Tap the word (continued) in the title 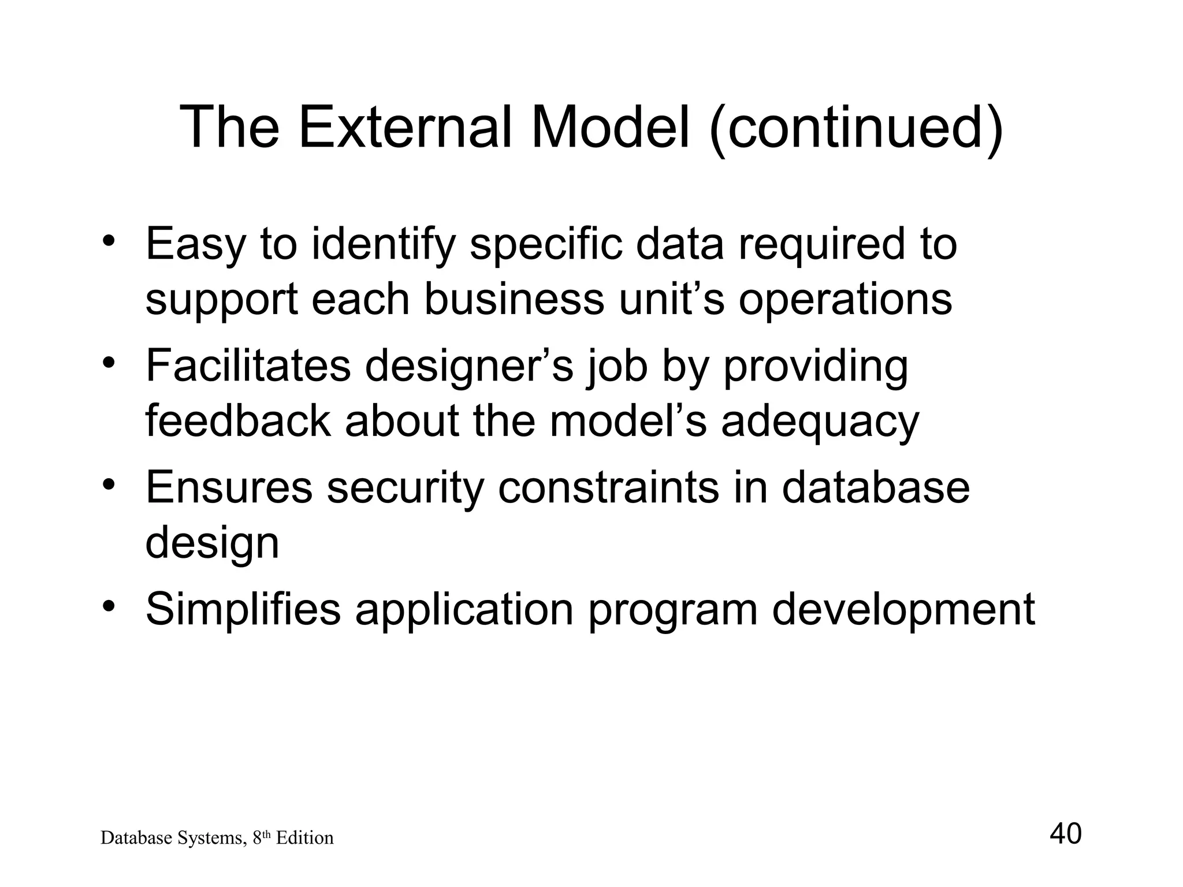pos(856,128)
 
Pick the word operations pos(845,301)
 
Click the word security pos(404,489)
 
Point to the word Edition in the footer pos(304,838)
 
